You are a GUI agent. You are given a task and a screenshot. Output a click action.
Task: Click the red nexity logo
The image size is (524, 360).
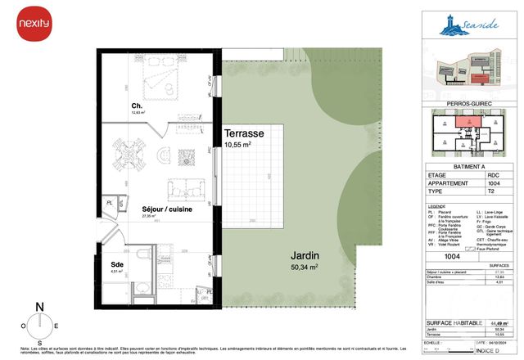click(x=34, y=26)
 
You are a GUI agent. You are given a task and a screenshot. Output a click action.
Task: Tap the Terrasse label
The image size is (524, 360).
click(x=244, y=133)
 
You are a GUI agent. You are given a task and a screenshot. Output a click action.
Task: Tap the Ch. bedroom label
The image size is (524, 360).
click(x=137, y=107)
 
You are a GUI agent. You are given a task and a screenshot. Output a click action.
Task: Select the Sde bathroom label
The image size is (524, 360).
click(x=117, y=264)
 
